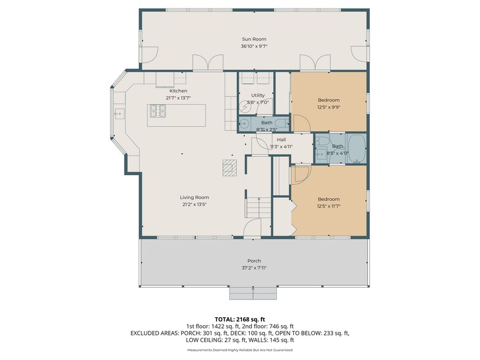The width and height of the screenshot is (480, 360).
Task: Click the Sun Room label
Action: [254, 39]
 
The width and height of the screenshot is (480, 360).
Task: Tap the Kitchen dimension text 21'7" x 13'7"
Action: [178, 98]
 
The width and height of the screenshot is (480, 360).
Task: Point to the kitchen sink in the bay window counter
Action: [118, 113]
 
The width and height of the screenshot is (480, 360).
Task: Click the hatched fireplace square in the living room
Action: [230, 167]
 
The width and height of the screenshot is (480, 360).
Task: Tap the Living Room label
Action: [194, 197]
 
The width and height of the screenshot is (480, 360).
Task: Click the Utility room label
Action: [257, 96]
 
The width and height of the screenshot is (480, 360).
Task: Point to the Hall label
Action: [282, 140]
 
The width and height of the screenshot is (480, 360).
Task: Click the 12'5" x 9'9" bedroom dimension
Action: [328, 107]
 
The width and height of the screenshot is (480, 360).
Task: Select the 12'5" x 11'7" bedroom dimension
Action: [328, 206]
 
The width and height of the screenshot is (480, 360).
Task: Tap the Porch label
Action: [254, 261]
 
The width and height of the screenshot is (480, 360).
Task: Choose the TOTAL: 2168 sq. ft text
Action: [240, 320]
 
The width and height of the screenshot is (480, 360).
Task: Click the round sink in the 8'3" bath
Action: [245, 122]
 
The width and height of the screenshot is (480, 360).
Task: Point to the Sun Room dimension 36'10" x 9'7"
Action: [254, 46]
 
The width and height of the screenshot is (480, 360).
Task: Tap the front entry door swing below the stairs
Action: [252, 230]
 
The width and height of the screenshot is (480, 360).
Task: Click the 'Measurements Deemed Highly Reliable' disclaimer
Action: [240, 350]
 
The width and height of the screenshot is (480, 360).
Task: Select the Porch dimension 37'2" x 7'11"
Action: [254, 268]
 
